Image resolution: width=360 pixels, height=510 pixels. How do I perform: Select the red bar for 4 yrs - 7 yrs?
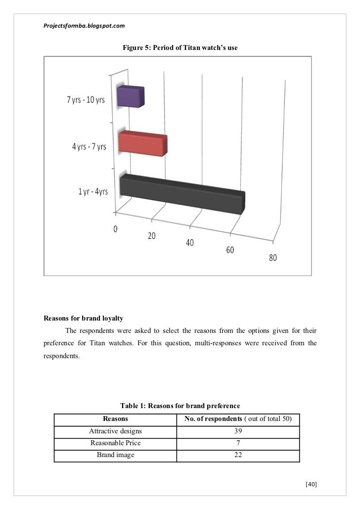(142, 144)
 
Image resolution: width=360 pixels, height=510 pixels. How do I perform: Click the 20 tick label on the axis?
(151, 236)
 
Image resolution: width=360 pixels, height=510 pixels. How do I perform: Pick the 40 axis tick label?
(190, 243)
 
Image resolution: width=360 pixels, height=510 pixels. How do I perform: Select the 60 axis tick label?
(230, 250)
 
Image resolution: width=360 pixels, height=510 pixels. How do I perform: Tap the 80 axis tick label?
(273, 258)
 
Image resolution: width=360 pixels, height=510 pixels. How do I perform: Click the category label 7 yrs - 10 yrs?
(86, 100)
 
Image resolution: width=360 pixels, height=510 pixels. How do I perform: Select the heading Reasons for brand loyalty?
(84, 318)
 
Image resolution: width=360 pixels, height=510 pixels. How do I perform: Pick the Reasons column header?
(115, 420)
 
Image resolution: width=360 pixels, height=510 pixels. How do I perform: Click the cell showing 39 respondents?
(238, 431)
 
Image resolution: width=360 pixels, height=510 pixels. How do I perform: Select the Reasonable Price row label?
(115, 443)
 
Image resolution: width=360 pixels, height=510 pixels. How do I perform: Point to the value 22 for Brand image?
(238, 455)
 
